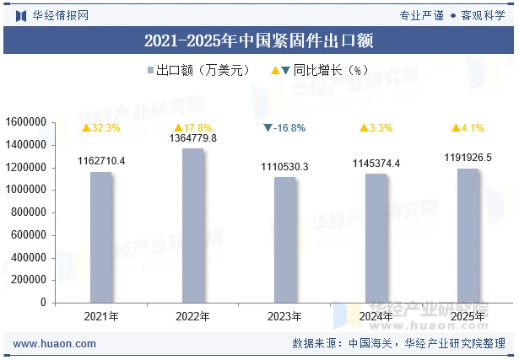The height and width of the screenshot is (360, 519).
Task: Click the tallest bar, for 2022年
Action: (193, 225)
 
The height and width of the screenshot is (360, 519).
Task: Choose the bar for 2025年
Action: (468, 235)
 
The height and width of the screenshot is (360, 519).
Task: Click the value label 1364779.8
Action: (193, 137)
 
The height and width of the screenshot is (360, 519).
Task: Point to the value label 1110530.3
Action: (284, 167)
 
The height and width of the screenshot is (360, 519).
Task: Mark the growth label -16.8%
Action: (284, 128)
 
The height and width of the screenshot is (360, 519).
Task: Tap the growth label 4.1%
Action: (468, 128)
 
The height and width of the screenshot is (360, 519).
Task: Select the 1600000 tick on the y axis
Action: (25, 122)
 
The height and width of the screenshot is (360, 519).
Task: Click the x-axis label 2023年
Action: (284, 316)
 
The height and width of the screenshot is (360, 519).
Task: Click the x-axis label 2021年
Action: (101, 316)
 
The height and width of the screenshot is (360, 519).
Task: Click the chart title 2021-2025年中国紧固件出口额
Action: (259, 40)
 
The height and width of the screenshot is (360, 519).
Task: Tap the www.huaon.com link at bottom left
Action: (55, 344)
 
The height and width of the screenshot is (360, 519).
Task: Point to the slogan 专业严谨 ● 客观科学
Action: (451, 14)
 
